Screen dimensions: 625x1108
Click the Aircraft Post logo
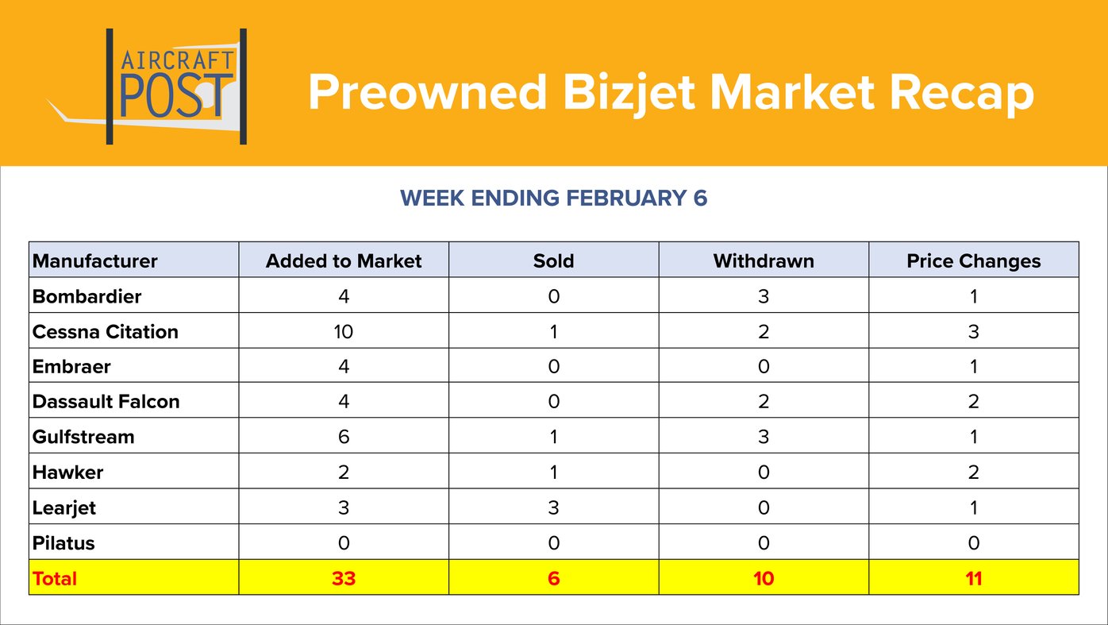(x=176, y=87)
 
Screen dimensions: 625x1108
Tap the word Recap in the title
(x=961, y=92)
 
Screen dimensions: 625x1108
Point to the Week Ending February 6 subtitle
(x=553, y=198)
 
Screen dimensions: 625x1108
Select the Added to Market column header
(x=344, y=260)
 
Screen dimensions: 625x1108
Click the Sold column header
(x=553, y=260)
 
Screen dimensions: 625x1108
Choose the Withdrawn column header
(x=764, y=260)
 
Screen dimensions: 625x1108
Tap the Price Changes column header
(x=973, y=260)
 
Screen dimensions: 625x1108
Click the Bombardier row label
(x=87, y=296)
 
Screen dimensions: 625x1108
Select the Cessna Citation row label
(x=105, y=331)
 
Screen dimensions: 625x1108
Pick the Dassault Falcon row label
(x=106, y=401)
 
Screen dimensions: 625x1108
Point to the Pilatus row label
(x=63, y=543)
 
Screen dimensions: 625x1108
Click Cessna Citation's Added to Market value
(x=344, y=331)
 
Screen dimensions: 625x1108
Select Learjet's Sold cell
(x=553, y=507)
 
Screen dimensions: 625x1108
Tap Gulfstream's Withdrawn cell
(x=764, y=437)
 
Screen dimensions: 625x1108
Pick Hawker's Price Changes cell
(x=973, y=473)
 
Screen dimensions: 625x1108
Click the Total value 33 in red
(x=344, y=578)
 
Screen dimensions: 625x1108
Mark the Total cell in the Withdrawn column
(x=764, y=578)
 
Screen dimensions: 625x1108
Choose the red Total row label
(x=55, y=578)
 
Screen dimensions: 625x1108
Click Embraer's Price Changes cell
(x=973, y=366)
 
